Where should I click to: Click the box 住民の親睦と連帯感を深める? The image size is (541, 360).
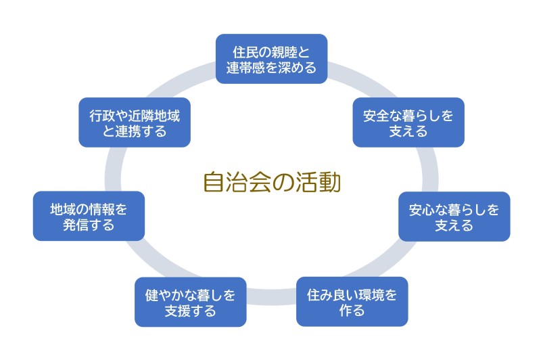coord(271,59)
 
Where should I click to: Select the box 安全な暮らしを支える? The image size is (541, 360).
coord(408,122)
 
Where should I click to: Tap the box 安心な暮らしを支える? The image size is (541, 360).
coord(454,217)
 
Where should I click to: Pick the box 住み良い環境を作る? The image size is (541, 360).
coord(352,302)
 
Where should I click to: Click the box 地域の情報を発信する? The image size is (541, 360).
coord(89,216)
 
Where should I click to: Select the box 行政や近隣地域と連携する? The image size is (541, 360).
coord(135,122)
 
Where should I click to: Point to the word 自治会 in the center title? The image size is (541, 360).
coord(236,183)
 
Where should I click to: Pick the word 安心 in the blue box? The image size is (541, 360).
coord(421,208)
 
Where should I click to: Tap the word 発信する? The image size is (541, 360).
coord(89,225)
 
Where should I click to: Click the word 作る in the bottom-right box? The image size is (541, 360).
coord(352,311)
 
